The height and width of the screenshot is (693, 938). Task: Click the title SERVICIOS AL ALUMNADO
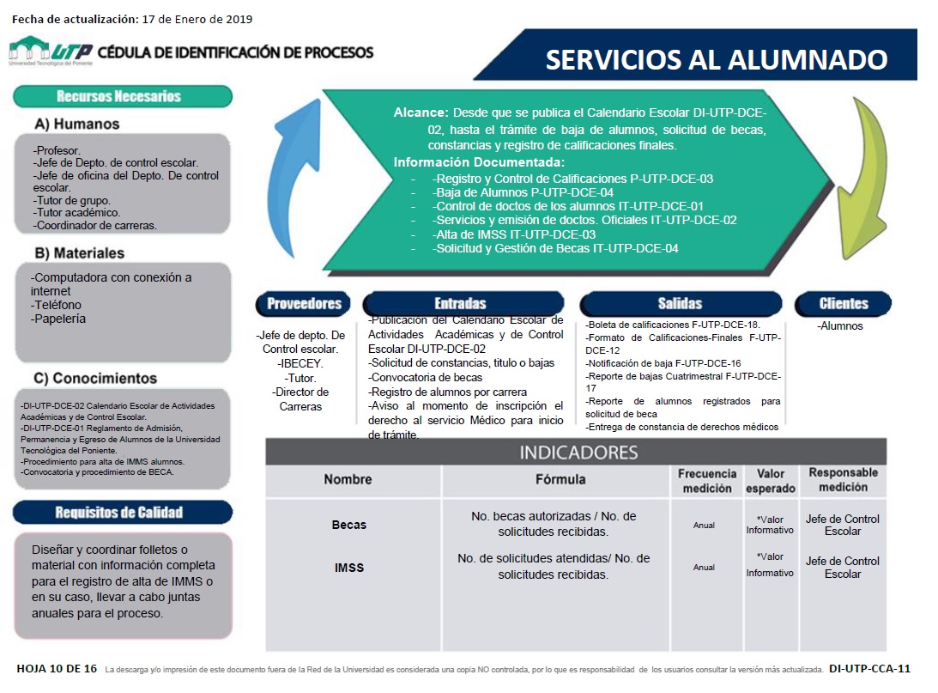pos(717,59)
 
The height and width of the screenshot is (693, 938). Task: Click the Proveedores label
pos(304,303)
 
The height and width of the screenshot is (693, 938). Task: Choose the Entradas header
pos(460,303)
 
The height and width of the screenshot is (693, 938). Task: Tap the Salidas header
pos(680,303)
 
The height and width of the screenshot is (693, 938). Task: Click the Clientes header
pos(844,303)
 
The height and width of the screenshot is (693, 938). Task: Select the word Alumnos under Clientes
pos(842,325)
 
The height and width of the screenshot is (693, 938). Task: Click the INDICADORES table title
pos(578,453)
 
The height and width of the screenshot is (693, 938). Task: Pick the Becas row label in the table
pos(348,525)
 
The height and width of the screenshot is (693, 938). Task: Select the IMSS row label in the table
pos(348,567)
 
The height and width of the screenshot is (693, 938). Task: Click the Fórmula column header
pos(560,479)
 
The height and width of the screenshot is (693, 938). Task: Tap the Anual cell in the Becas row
pos(704,525)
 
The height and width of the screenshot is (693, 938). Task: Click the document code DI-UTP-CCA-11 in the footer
pos(869,668)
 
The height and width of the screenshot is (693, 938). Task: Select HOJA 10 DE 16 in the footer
pos(57,668)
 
